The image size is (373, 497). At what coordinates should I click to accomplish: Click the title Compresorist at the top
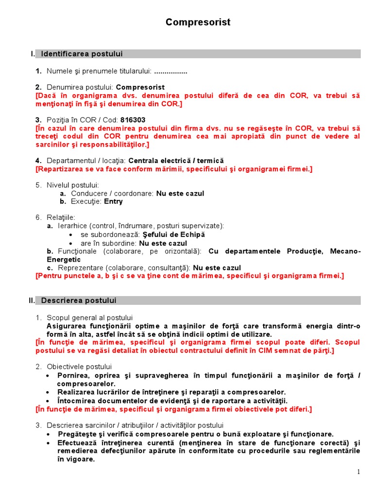pyautogui.click(x=198, y=22)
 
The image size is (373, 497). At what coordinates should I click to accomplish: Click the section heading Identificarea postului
pyautogui.click(x=82, y=53)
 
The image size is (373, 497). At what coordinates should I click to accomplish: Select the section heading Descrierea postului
pyautogui.click(x=79, y=300)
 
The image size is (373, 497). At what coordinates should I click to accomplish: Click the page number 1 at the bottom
pyautogui.click(x=358, y=472)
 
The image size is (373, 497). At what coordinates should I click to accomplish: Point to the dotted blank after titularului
pyautogui.click(x=170, y=71)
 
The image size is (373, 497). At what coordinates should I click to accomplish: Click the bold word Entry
pyautogui.click(x=113, y=201)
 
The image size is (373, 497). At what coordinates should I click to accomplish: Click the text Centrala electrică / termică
pyautogui.click(x=176, y=161)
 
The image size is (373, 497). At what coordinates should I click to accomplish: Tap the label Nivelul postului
pyautogui.click(x=73, y=185)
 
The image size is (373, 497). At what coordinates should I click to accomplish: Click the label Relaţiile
pyautogui.click(x=61, y=217)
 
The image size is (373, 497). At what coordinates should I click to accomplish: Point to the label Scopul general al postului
pyautogui.click(x=90, y=317)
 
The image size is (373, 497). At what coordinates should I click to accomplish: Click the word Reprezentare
pyautogui.click(x=79, y=267)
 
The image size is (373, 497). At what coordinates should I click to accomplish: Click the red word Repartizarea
pyautogui.click(x=60, y=169)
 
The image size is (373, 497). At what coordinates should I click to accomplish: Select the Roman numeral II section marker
pyautogui.click(x=32, y=300)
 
